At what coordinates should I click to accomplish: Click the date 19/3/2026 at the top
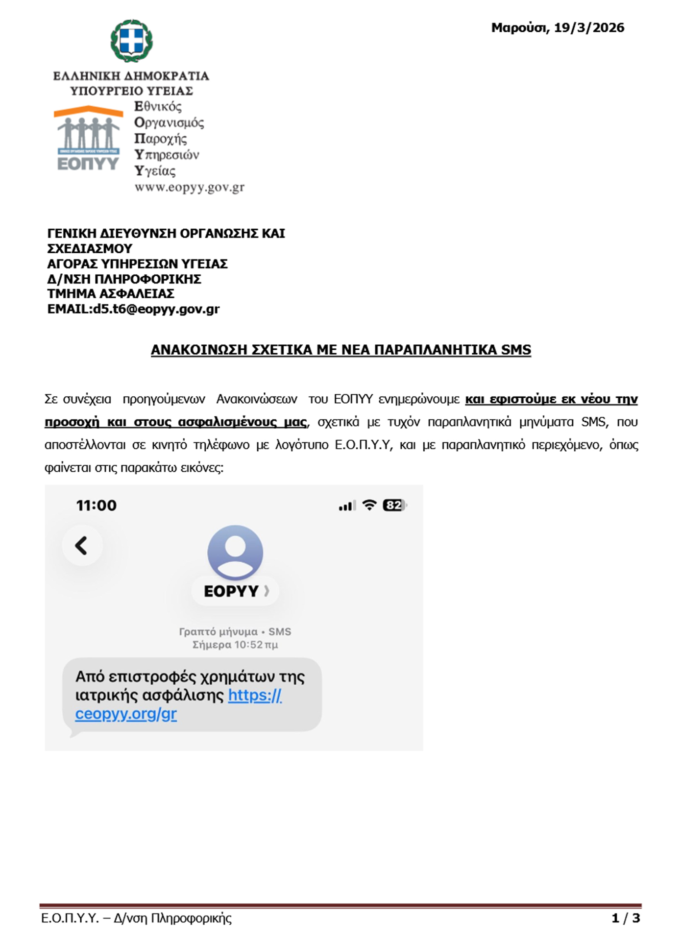[589, 28]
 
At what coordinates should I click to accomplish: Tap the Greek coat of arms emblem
[131, 41]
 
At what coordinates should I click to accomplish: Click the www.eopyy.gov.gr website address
[189, 187]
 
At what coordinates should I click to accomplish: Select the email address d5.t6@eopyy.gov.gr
[156, 309]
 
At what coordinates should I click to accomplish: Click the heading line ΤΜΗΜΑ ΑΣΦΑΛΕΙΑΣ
[111, 294]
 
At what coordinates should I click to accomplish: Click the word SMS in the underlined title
[516, 350]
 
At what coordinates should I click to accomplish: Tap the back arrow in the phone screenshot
[82, 546]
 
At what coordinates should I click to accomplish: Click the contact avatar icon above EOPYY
[235, 553]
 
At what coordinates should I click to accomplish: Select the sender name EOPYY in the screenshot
[231, 591]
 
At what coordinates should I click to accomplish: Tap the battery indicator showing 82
[394, 505]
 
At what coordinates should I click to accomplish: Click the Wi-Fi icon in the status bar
[369, 505]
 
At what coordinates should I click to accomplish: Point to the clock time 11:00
[97, 505]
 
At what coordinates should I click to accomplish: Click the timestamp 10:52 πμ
[256, 645]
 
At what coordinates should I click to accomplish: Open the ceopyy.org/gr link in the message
[126, 714]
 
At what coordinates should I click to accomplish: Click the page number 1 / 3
[626, 918]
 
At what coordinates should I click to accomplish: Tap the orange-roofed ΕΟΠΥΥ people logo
[88, 138]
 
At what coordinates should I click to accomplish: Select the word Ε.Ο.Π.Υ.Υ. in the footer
[70, 918]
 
